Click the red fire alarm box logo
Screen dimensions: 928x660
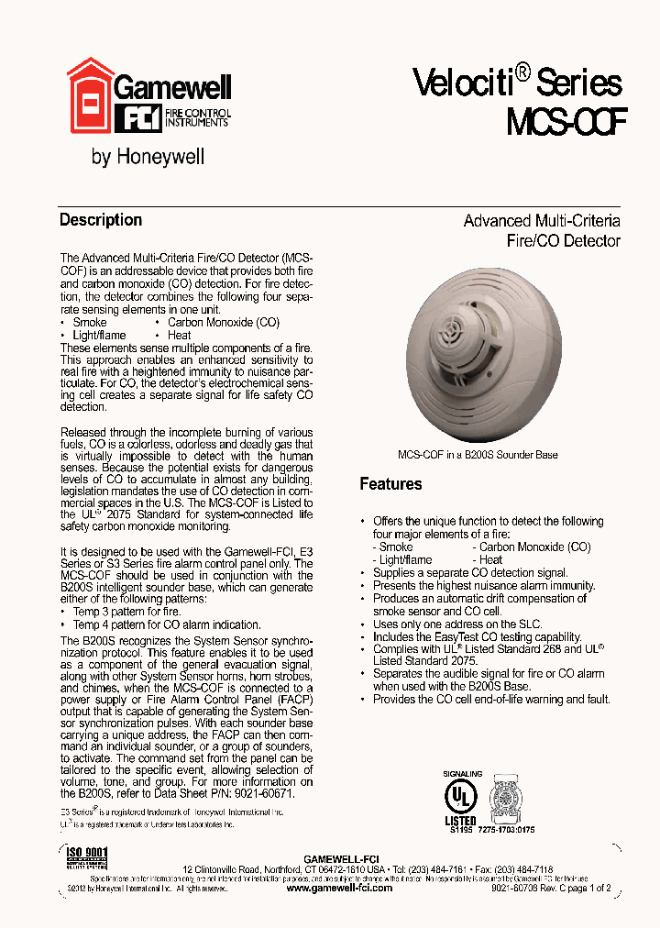90,94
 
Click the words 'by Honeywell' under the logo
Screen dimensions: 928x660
148,158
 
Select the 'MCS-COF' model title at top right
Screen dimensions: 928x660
566,121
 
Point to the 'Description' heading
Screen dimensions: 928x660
101,220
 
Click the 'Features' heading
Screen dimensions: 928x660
390,484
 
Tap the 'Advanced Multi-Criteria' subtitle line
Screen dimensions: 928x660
541,221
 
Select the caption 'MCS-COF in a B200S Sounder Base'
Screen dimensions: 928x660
477,455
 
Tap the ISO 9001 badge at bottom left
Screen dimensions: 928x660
87,858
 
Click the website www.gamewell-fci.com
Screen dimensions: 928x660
339,888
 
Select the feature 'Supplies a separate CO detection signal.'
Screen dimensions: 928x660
470,572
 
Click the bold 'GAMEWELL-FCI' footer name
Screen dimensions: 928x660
340,857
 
